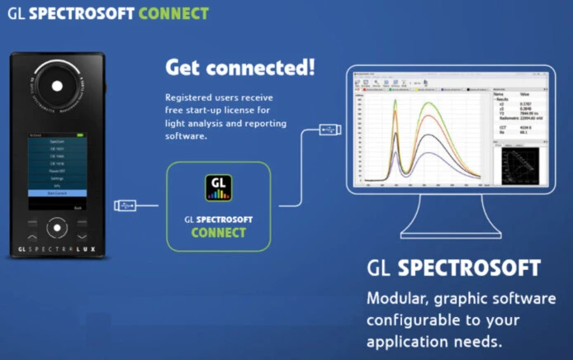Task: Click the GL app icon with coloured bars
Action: (x=219, y=187)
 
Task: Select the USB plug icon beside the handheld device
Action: (x=126, y=204)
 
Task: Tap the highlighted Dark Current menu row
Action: (x=58, y=193)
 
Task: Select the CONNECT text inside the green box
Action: (x=218, y=233)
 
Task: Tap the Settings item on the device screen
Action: (x=58, y=176)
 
